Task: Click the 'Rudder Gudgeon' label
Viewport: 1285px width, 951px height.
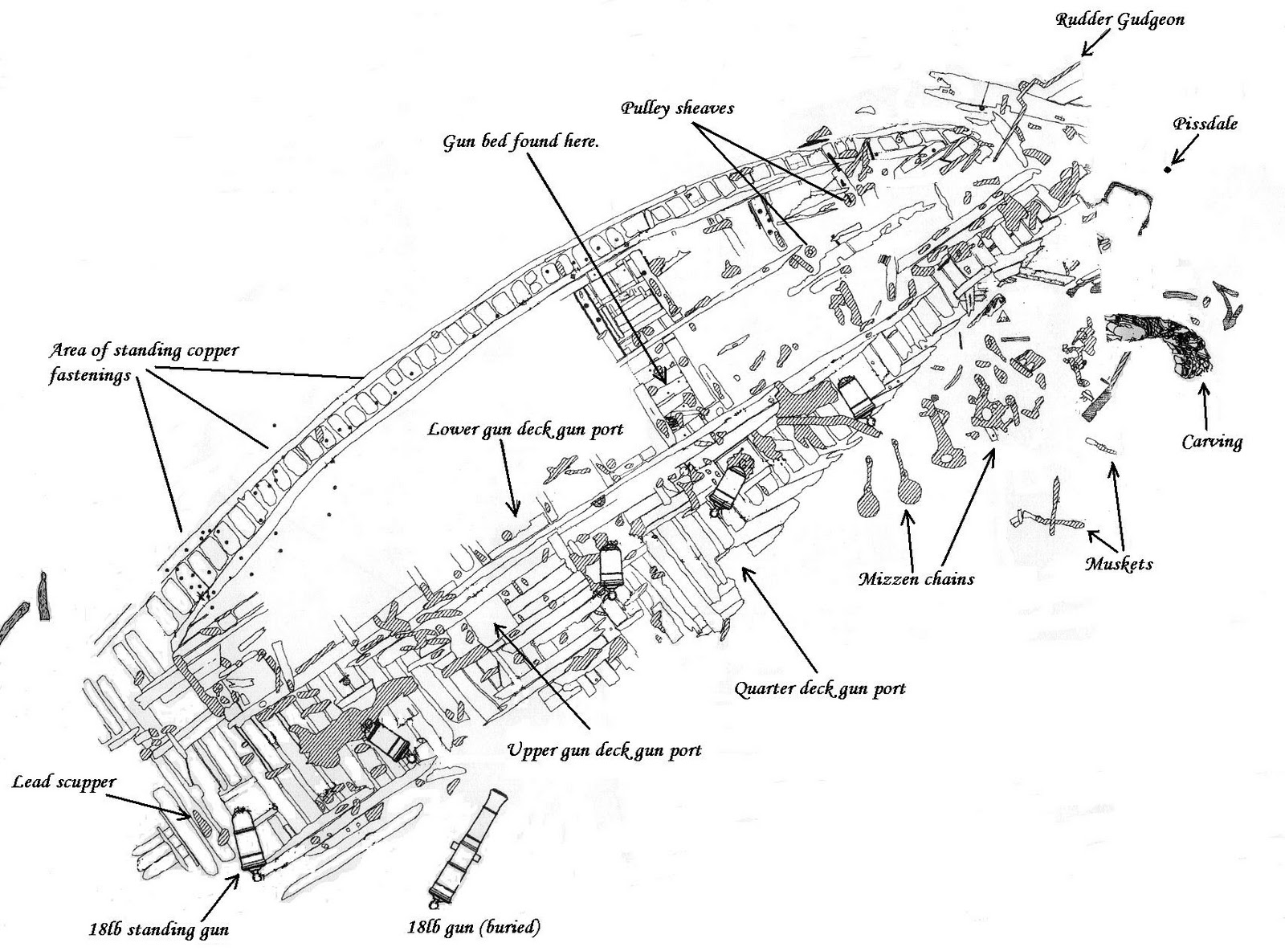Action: [x=1120, y=19]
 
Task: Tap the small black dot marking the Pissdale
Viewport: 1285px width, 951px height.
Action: [x=1169, y=169]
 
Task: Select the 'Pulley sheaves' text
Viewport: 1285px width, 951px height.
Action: [x=676, y=108]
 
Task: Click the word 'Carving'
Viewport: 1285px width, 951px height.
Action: [x=1212, y=442]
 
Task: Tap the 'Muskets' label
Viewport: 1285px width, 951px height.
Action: [x=1119, y=565]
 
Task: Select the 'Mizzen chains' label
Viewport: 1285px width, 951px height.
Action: [x=916, y=578]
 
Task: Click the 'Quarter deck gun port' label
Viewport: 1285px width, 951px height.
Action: [x=820, y=688]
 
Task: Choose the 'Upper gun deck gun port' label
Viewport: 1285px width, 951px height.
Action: [x=604, y=750]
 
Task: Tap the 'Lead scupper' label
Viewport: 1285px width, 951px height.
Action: [x=63, y=782]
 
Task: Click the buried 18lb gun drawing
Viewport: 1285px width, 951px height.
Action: [x=470, y=847]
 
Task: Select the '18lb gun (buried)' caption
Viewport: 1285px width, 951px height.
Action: [x=473, y=928]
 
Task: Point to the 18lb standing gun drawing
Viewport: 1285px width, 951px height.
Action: [x=247, y=839]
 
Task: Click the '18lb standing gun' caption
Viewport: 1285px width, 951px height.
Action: [x=158, y=931]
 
